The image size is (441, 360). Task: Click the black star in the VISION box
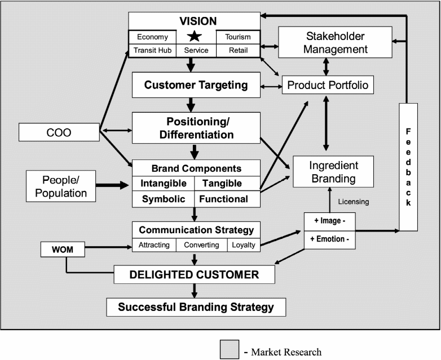pyautogui.click(x=195, y=37)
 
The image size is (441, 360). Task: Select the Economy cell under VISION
pyautogui.click(x=152, y=37)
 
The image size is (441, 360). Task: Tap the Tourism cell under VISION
pyautogui.click(x=238, y=37)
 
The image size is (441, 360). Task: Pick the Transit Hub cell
pyautogui.click(x=152, y=50)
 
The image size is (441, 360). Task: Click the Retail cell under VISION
pyautogui.click(x=238, y=50)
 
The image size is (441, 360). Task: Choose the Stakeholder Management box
pyautogui.click(x=335, y=43)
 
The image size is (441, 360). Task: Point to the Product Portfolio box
pyautogui.click(x=327, y=85)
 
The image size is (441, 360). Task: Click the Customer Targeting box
pyautogui.click(x=196, y=85)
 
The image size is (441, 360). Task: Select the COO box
pyautogui.click(x=59, y=133)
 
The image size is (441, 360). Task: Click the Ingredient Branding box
pyautogui.click(x=333, y=171)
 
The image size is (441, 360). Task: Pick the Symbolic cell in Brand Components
pyautogui.click(x=163, y=199)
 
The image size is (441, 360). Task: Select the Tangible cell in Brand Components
pyautogui.click(x=227, y=183)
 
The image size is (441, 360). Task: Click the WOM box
pyautogui.click(x=62, y=248)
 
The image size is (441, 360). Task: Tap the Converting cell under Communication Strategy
pyautogui.click(x=201, y=245)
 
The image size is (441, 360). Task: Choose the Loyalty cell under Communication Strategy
pyautogui.click(x=244, y=245)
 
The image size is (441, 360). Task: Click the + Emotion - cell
pyautogui.click(x=329, y=238)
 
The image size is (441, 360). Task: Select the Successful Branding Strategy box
pyautogui.click(x=196, y=307)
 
